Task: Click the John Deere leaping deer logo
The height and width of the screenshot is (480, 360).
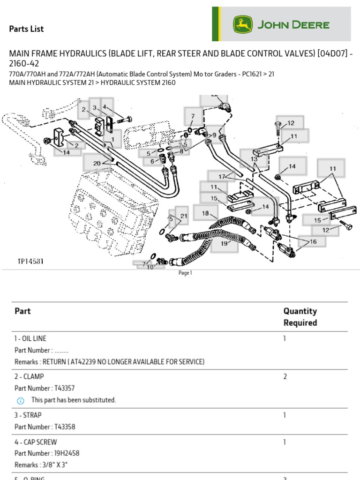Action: click(243, 25)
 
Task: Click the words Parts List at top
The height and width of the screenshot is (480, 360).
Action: click(26, 29)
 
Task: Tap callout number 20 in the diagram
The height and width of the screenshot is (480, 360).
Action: click(97, 163)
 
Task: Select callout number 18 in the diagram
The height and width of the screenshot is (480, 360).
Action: click(205, 213)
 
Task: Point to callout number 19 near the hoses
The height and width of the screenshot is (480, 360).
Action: click(224, 243)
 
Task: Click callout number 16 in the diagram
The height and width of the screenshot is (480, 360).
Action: click(313, 241)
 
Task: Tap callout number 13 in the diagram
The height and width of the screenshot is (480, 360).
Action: click(254, 159)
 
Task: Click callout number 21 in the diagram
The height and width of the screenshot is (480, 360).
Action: click(184, 216)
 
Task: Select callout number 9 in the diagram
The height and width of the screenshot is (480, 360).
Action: click(214, 135)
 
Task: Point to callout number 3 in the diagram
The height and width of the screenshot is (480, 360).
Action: click(94, 108)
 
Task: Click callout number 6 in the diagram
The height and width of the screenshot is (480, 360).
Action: click(152, 161)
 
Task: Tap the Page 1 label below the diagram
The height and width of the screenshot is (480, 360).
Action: click(185, 273)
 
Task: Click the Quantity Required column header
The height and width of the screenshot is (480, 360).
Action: click(300, 317)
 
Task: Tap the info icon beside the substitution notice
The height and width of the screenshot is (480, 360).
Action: click(20, 400)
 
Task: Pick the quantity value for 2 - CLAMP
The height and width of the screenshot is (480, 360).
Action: click(285, 376)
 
